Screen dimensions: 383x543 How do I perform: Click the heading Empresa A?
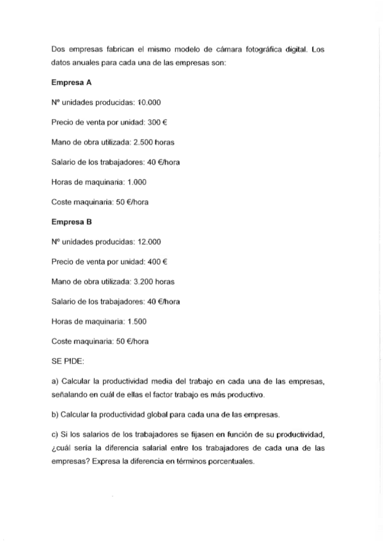tap(71, 83)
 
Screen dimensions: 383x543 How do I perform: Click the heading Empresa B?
tap(71, 222)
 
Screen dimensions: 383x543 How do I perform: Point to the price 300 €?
tap(154, 122)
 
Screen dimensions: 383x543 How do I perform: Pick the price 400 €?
tap(154, 261)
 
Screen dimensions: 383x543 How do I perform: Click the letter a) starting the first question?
tap(54, 382)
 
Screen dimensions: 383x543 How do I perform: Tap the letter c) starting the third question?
tap(54, 435)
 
